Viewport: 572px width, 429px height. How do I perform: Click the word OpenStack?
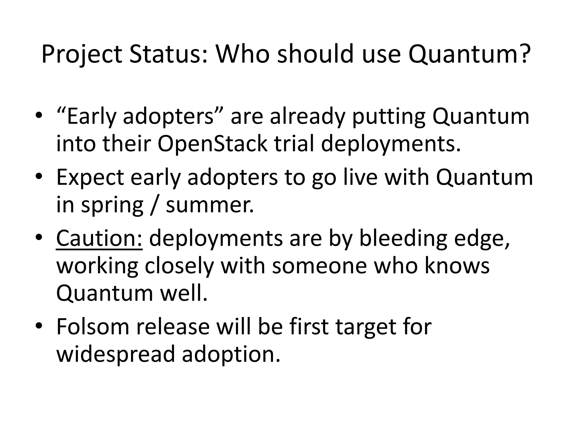click(x=212, y=144)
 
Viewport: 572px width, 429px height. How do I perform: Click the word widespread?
click(x=116, y=354)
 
